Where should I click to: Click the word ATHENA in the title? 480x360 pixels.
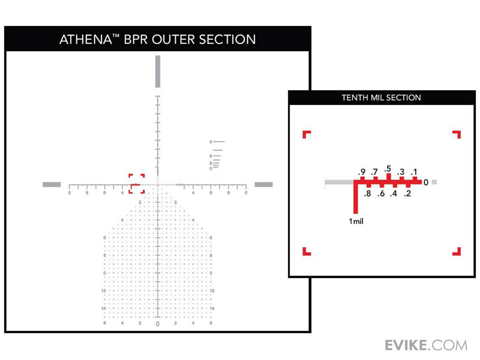(80, 39)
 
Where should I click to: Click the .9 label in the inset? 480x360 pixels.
(362, 172)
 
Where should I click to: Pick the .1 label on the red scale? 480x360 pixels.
(414, 172)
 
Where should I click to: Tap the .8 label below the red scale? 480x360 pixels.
(368, 194)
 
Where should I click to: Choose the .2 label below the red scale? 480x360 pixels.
(407, 194)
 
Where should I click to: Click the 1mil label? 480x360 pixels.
(356, 221)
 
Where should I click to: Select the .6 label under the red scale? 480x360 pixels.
(381, 194)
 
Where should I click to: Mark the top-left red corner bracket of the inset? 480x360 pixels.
(306, 134)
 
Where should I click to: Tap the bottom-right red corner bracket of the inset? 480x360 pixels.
(456, 251)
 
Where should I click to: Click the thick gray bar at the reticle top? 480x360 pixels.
(158, 71)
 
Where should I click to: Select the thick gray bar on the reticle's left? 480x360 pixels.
(52, 184)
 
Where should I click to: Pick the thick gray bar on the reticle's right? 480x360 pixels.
(264, 184)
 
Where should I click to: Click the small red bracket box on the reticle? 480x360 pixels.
(136, 184)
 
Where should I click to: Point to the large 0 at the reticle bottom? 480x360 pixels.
(158, 324)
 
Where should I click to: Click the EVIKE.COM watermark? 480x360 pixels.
(426, 345)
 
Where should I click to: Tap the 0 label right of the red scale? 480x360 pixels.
(426, 182)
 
